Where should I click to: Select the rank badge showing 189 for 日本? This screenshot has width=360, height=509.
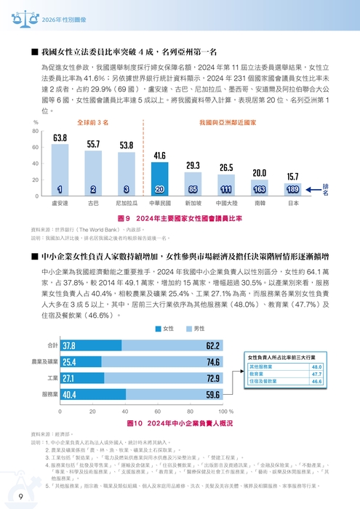[x=293, y=190]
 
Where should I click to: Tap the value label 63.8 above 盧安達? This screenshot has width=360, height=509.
[x=60, y=138]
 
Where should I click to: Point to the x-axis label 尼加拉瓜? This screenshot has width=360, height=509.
[x=126, y=204]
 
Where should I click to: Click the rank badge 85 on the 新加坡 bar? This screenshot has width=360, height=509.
[x=193, y=190]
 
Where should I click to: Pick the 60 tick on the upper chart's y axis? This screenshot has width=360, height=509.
[x=36, y=148]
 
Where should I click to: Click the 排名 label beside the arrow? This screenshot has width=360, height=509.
[x=326, y=190]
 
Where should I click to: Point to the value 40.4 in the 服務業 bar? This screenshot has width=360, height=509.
[x=70, y=395]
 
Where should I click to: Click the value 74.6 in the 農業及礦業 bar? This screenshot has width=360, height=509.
[x=213, y=361]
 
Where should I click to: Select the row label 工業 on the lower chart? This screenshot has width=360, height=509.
[x=52, y=378]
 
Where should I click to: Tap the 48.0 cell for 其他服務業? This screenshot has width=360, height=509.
[x=316, y=367]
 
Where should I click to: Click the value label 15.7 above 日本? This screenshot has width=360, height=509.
[x=293, y=177]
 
